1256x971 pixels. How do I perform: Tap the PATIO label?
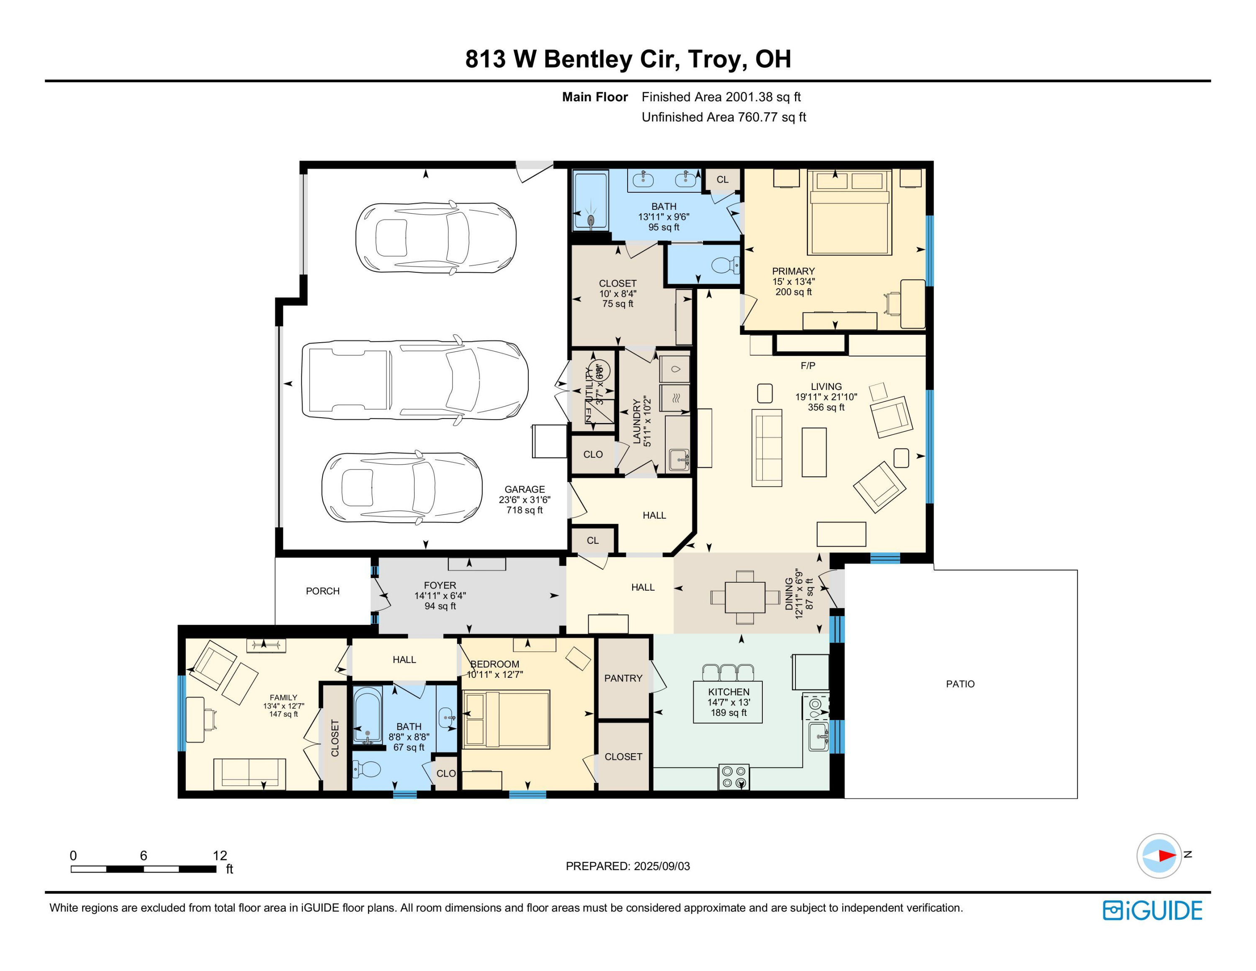click(960, 684)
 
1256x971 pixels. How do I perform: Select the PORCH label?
click(323, 591)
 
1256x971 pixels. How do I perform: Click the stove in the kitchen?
click(734, 777)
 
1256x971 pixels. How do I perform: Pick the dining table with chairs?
click(745, 597)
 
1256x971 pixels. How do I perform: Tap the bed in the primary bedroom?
click(849, 213)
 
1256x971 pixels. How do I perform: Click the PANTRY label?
click(623, 678)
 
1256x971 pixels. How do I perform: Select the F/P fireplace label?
click(808, 365)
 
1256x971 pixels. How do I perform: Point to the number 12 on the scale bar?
click(220, 855)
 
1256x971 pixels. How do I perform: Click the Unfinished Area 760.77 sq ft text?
click(723, 117)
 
